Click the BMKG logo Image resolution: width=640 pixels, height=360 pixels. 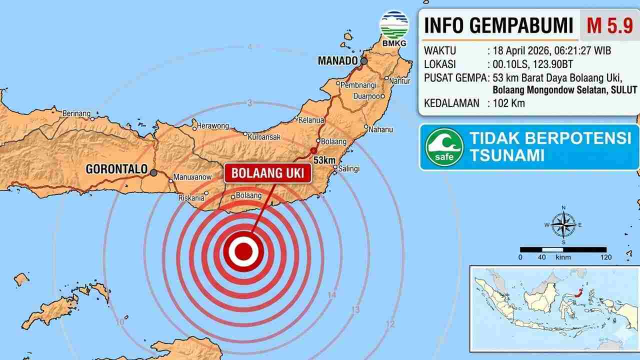[x=394, y=28]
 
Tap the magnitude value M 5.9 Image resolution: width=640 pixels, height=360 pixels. [x=609, y=25]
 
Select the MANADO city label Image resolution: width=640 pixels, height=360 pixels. [x=337, y=61]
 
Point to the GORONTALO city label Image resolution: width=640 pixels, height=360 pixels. [x=116, y=169]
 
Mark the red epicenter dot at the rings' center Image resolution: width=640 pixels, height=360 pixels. [x=243, y=250]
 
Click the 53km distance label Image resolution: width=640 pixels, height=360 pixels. [x=324, y=160]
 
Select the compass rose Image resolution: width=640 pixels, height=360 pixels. [x=563, y=225]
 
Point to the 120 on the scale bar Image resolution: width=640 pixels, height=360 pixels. [x=605, y=257]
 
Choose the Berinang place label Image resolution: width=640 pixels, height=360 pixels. [x=76, y=113]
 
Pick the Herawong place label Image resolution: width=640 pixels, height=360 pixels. [x=213, y=126]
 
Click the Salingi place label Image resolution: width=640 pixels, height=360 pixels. [x=349, y=168]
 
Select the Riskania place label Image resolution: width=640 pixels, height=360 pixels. [x=191, y=198]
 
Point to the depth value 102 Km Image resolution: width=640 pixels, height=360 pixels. [x=508, y=103]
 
